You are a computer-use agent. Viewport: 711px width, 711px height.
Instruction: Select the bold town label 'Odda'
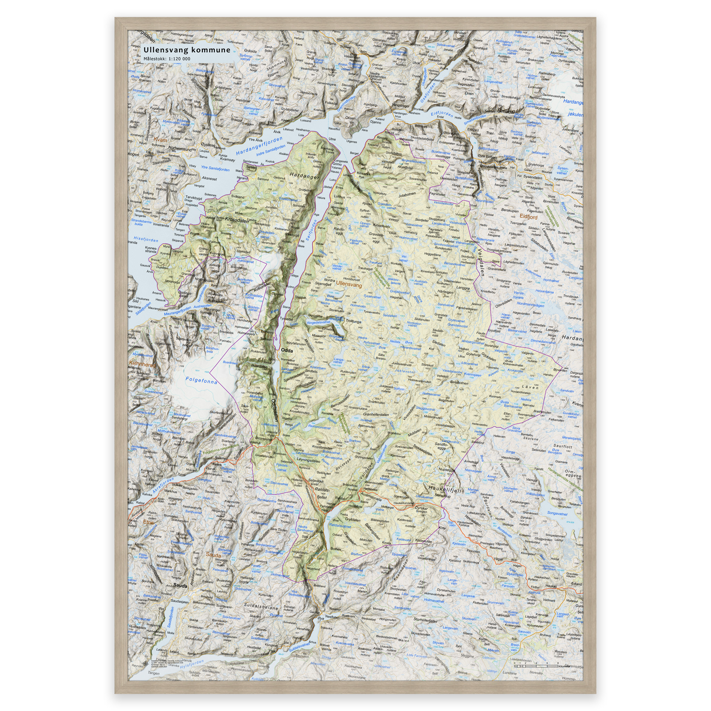point(287,350)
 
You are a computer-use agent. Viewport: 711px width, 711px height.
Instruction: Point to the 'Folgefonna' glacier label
point(201,380)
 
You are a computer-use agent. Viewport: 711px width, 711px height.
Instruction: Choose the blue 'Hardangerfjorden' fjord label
point(259,146)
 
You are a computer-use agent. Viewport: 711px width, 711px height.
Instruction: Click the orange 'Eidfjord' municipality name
point(528,217)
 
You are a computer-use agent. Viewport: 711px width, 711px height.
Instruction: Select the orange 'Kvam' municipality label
point(160,140)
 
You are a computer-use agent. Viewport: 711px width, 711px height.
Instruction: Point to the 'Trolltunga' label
point(353,321)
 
